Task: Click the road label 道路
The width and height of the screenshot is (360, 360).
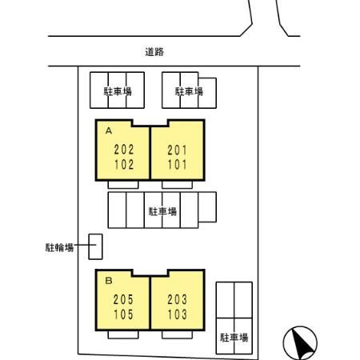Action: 154,52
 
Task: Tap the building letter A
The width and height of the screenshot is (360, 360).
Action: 109,130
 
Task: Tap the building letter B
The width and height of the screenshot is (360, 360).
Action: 109,281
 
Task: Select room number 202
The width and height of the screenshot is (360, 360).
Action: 124,150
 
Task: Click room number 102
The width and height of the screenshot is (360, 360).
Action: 124,165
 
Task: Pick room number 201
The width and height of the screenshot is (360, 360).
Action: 178,150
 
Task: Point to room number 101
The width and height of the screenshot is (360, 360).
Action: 178,165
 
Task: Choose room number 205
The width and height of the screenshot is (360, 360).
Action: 123,299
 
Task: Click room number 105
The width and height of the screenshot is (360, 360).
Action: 123,314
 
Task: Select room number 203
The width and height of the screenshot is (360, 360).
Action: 178,299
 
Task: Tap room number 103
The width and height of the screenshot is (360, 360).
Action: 178,314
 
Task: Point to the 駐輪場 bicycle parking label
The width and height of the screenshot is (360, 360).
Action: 59,247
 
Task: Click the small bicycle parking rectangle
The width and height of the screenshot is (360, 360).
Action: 95,246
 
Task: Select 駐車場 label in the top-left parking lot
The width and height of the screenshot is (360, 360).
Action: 118,91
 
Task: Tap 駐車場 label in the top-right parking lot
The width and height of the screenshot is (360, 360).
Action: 189,91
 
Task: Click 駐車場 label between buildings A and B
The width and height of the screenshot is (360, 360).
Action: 162,212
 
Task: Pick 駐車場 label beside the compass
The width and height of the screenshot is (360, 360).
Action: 234,338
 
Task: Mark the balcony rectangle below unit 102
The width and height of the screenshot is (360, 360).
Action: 123,185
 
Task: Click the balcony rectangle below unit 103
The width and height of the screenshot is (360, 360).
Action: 178,335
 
